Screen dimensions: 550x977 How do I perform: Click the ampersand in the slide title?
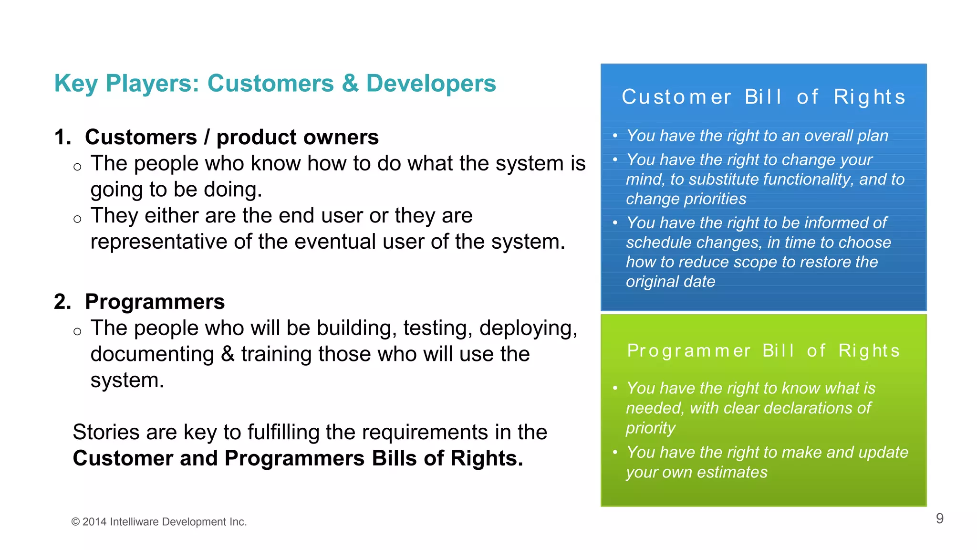point(350,84)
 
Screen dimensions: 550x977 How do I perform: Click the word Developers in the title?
point(431,84)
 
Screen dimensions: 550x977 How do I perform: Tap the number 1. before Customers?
point(62,137)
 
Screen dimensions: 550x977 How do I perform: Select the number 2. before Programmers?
point(62,302)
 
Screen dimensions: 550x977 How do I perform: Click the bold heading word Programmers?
point(155,302)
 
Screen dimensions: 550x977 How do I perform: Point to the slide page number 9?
point(939,518)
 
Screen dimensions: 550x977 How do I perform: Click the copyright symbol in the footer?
point(75,522)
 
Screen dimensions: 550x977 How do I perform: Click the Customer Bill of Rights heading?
point(763,97)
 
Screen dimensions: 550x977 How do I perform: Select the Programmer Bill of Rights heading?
point(763,350)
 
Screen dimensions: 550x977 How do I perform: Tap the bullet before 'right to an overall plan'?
point(615,136)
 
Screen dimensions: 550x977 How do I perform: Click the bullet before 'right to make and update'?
point(615,452)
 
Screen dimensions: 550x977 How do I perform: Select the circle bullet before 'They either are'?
point(77,219)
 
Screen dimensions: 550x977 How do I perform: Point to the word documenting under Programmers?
point(152,354)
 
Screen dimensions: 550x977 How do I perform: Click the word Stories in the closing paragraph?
point(106,432)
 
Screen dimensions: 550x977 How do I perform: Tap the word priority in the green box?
point(650,428)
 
